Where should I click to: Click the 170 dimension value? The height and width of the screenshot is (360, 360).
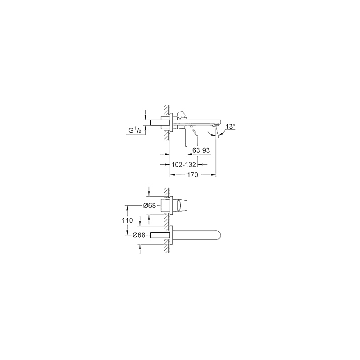coord(193,175)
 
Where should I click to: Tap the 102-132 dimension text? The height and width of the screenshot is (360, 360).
coord(184,164)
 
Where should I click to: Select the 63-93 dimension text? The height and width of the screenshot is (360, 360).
coord(201,150)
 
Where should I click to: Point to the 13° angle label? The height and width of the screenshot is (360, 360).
coord(230,126)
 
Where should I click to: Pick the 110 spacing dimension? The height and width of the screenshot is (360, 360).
coord(127,220)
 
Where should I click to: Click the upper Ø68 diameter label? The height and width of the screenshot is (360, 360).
coord(149,206)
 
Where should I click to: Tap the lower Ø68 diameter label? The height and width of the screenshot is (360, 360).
coord(139,235)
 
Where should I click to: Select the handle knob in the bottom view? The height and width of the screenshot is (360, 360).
coord(180,206)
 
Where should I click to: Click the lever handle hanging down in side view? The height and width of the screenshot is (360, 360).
coord(185,136)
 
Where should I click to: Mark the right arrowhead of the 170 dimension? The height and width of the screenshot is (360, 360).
coord(214,175)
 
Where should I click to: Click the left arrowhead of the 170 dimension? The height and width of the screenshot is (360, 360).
coord(172,175)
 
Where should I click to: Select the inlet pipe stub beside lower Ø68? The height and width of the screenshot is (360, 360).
coord(157,235)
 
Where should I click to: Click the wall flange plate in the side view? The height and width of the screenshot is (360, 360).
coord(171,122)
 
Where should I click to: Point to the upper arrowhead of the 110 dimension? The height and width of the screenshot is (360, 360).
coord(127,207)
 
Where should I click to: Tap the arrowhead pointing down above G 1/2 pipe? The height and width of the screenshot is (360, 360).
coord(145,117)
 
